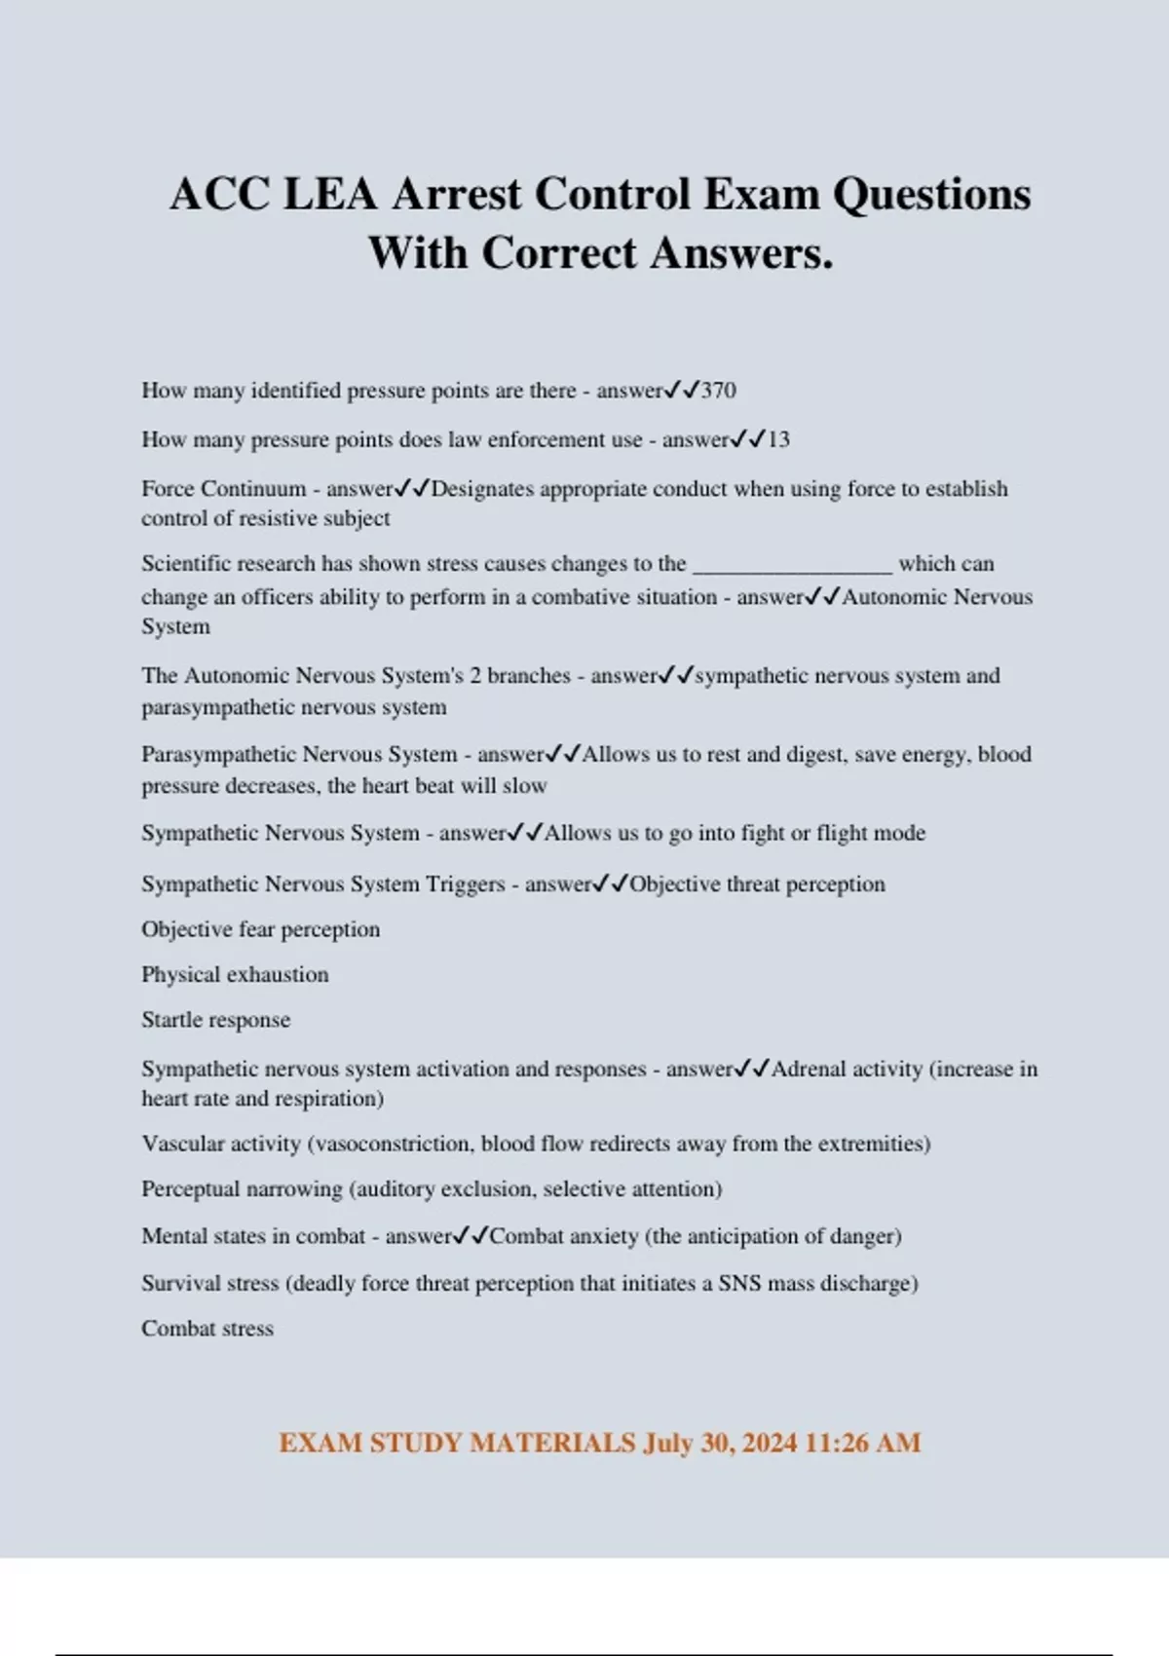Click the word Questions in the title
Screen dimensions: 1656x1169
click(x=931, y=194)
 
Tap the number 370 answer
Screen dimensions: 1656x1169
click(x=719, y=391)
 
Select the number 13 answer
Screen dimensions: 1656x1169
click(x=778, y=439)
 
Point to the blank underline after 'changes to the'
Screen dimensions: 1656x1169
click(x=792, y=565)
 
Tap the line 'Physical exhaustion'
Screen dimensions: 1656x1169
click(x=235, y=974)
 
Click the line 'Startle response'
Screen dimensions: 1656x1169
click(x=215, y=1020)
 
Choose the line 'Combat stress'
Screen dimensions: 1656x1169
click(x=207, y=1329)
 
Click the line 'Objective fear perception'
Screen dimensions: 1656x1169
click(x=260, y=929)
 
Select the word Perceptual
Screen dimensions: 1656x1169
click(x=190, y=1189)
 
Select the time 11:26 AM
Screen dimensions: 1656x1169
click(x=863, y=1443)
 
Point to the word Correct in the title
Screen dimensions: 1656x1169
click(x=559, y=253)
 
